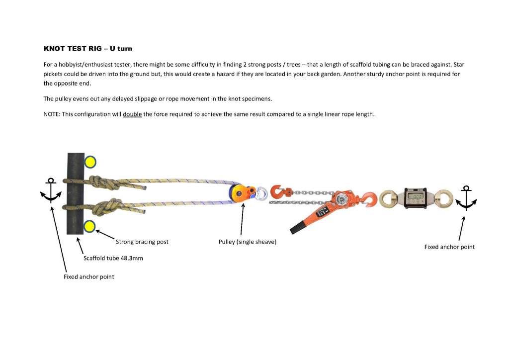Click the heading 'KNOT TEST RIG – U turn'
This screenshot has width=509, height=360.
[x=87, y=49]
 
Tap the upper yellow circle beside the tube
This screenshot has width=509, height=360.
[x=90, y=162]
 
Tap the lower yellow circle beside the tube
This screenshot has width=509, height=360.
[x=89, y=227]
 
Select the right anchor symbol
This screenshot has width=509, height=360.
[x=465, y=198]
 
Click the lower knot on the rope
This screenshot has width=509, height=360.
[x=110, y=206]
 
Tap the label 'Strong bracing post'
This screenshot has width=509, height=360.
[x=142, y=242]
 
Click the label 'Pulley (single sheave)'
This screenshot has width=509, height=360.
[x=247, y=242]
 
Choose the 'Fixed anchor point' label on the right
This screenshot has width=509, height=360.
[x=449, y=247]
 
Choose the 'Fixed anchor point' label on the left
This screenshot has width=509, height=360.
[x=88, y=276]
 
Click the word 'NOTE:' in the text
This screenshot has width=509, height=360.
[x=52, y=114]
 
